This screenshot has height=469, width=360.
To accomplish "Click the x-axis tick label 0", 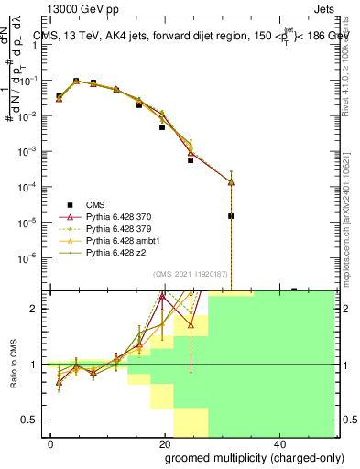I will (x=51, y=442).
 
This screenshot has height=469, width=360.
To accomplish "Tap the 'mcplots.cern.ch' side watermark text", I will (x=352, y=247).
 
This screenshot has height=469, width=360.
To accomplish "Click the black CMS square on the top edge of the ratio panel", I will (x=294, y=290).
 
